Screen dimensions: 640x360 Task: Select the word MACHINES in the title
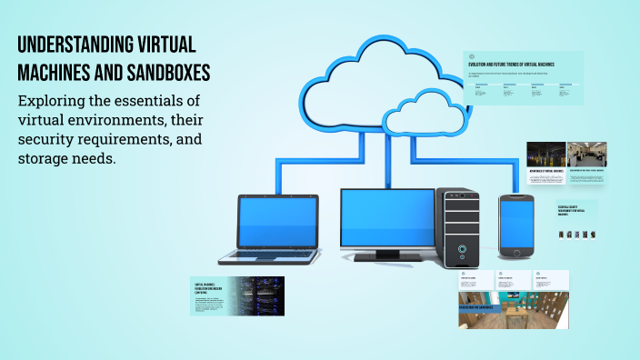click(x=55, y=72)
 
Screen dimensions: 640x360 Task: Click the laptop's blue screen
click(x=277, y=223)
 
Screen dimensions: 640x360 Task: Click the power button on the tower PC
click(x=462, y=248)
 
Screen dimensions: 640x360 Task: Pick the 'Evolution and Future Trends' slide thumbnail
click(x=523, y=77)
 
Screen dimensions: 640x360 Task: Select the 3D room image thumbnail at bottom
click(x=513, y=310)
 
